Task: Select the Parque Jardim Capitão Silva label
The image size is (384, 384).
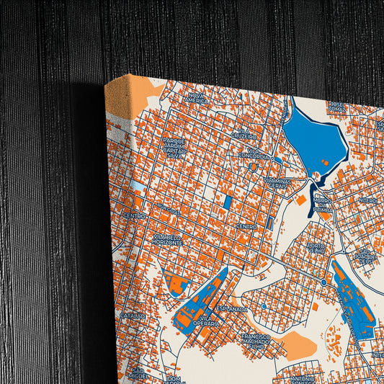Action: coord(174,146)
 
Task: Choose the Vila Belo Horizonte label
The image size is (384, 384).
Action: coord(167,240)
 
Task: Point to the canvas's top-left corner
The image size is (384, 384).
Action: coord(105,84)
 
